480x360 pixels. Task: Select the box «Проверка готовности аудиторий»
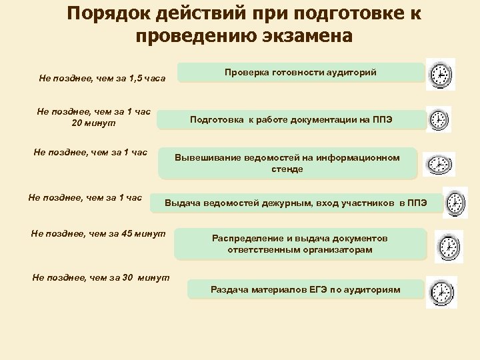coord(300,72)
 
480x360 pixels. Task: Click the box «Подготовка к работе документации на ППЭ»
coord(300,120)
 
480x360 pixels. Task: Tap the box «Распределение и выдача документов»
coord(300,244)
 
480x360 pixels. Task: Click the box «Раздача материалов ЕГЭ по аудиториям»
coord(305,289)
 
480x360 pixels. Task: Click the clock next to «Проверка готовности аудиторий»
coord(440,75)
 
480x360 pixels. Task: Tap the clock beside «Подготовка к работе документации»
coord(439,120)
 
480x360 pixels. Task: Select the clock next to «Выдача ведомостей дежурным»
coord(455,202)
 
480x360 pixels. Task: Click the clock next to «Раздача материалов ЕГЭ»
coord(440,291)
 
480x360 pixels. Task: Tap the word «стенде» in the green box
coord(287,169)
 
